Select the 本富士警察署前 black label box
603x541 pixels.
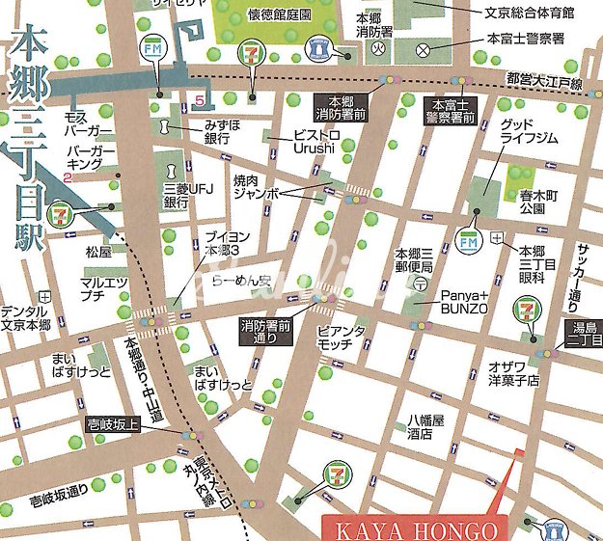[453, 111]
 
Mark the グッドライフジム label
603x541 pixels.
[529, 132]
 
